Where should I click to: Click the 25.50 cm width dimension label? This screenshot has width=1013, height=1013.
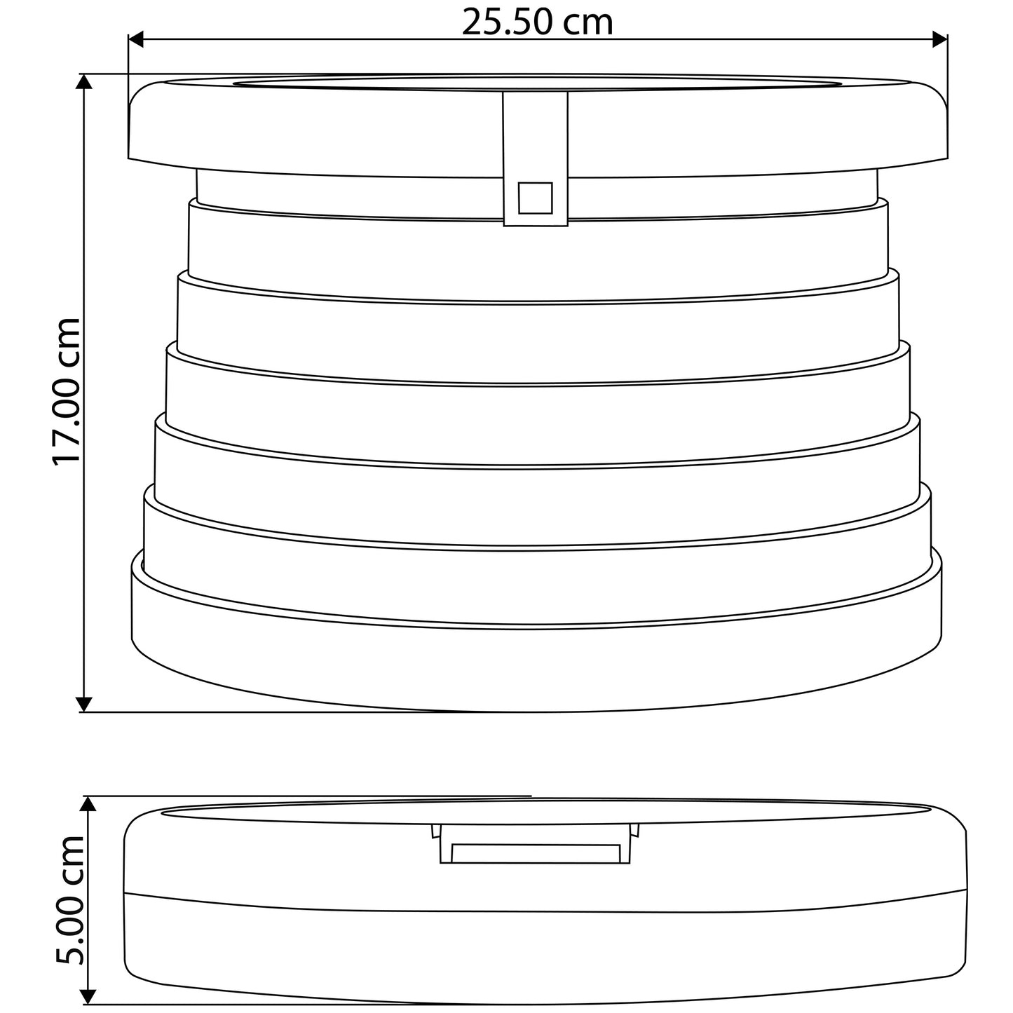tap(537, 22)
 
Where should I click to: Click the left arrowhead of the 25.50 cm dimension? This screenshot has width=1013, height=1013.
tap(135, 39)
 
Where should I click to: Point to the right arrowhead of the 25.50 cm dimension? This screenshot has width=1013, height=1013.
tap(940, 39)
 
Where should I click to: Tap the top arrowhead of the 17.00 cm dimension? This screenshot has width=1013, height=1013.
tap(84, 81)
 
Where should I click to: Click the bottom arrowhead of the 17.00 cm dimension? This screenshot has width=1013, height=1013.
tap(84, 705)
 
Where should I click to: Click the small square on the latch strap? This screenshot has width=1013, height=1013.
tap(535, 198)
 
